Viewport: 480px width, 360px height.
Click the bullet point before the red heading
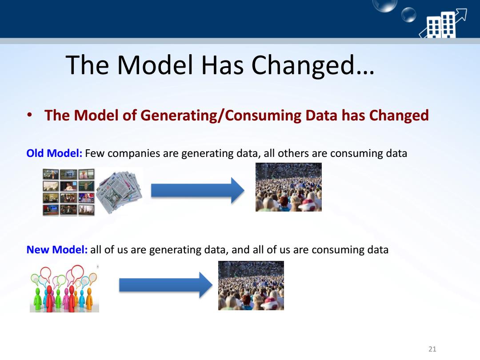29,115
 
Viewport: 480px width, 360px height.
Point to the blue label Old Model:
54,153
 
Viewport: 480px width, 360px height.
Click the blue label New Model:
57,249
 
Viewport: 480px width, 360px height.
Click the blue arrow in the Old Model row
198,190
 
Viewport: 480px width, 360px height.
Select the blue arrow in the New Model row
166,285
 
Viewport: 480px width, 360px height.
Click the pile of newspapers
119,192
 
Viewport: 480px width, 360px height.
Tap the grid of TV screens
68,192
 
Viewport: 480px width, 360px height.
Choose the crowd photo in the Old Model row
288,187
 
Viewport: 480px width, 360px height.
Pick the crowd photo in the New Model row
251,286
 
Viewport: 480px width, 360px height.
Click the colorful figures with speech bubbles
64,288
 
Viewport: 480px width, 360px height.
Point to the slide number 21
432,349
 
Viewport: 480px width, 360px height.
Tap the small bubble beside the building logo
409,15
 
